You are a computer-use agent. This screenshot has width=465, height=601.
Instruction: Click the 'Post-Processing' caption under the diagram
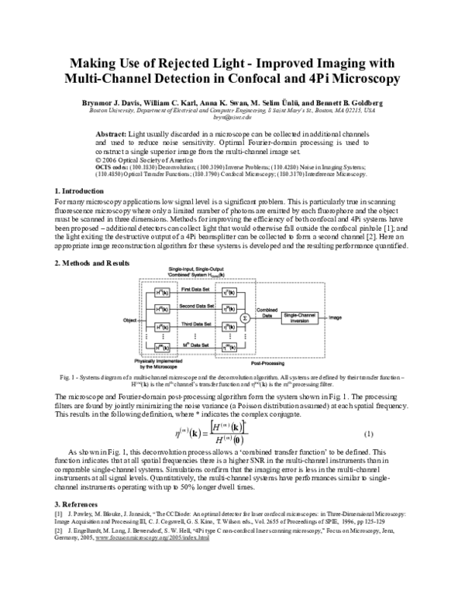pos(275,361)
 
